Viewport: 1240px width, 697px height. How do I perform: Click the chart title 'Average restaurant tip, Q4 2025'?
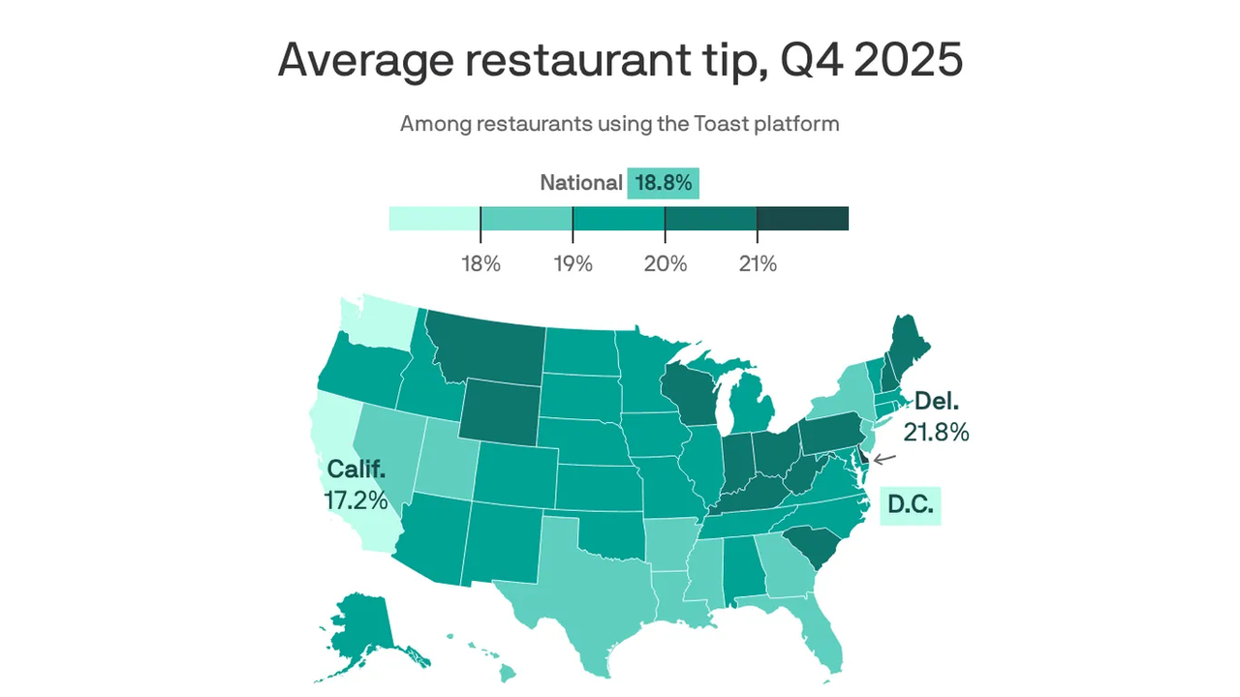pyautogui.click(x=620, y=60)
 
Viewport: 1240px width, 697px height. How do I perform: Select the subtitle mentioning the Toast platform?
pyautogui.click(x=620, y=124)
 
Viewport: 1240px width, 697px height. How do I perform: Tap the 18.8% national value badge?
pyautogui.click(x=664, y=182)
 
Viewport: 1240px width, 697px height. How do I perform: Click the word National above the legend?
pyautogui.click(x=581, y=182)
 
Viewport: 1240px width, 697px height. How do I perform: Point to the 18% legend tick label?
pyautogui.click(x=480, y=262)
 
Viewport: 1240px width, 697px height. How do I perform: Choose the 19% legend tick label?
pyautogui.click(x=573, y=262)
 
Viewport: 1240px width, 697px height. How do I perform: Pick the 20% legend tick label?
pyautogui.click(x=665, y=262)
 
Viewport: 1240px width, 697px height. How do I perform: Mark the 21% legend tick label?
pyautogui.click(x=757, y=262)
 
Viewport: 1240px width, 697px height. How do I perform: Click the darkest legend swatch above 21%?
pyautogui.click(x=802, y=218)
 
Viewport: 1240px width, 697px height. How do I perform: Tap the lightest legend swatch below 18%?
pyautogui.click(x=434, y=218)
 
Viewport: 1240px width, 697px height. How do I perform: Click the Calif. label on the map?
pyautogui.click(x=356, y=470)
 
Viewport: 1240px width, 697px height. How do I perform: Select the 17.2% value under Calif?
pyautogui.click(x=356, y=500)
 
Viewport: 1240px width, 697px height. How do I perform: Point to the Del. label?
pyautogui.click(x=937, y=401)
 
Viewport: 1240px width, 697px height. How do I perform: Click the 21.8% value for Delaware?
pyautogui.click(x=936, y=432)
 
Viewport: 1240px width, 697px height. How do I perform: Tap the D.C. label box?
pyautogui.click(x=911, y=505)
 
